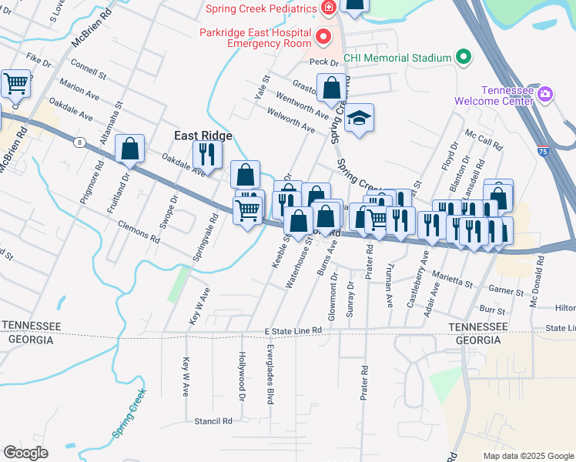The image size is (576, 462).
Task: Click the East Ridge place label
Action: tap(203, 135)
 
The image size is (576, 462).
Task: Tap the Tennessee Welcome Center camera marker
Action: tap(545, 95)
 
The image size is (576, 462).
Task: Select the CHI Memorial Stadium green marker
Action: tap(463, 58)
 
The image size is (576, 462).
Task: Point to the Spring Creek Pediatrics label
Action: tap(261, 8)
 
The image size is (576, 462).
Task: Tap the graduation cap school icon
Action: tap(359, 119)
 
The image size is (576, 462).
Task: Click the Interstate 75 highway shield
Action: tap(544, 152)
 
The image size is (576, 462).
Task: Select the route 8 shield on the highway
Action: tap(79, 142)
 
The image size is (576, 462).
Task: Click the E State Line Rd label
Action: tap(292, 330)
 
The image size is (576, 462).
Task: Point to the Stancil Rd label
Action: tap(213, 421)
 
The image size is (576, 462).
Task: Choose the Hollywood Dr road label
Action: tap(241, 377)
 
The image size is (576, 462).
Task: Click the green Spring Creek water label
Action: tap(129, 413)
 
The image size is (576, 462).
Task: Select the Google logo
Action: tap(25, 453)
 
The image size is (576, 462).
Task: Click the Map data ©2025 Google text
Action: tap(528, 455)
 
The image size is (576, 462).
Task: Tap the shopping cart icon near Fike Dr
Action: tap(15, 83)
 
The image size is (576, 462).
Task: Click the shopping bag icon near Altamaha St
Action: tap(130, 148)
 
